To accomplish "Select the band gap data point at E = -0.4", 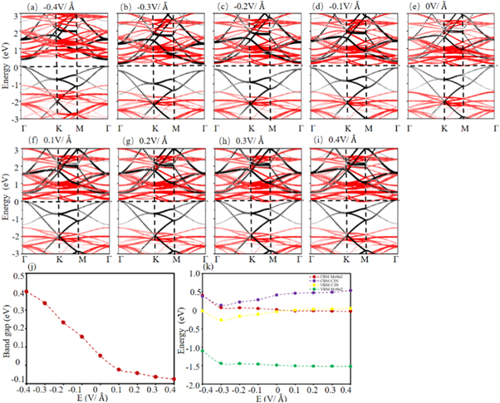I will click(27, 292).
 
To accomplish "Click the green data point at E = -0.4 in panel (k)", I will click(203, 351).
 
